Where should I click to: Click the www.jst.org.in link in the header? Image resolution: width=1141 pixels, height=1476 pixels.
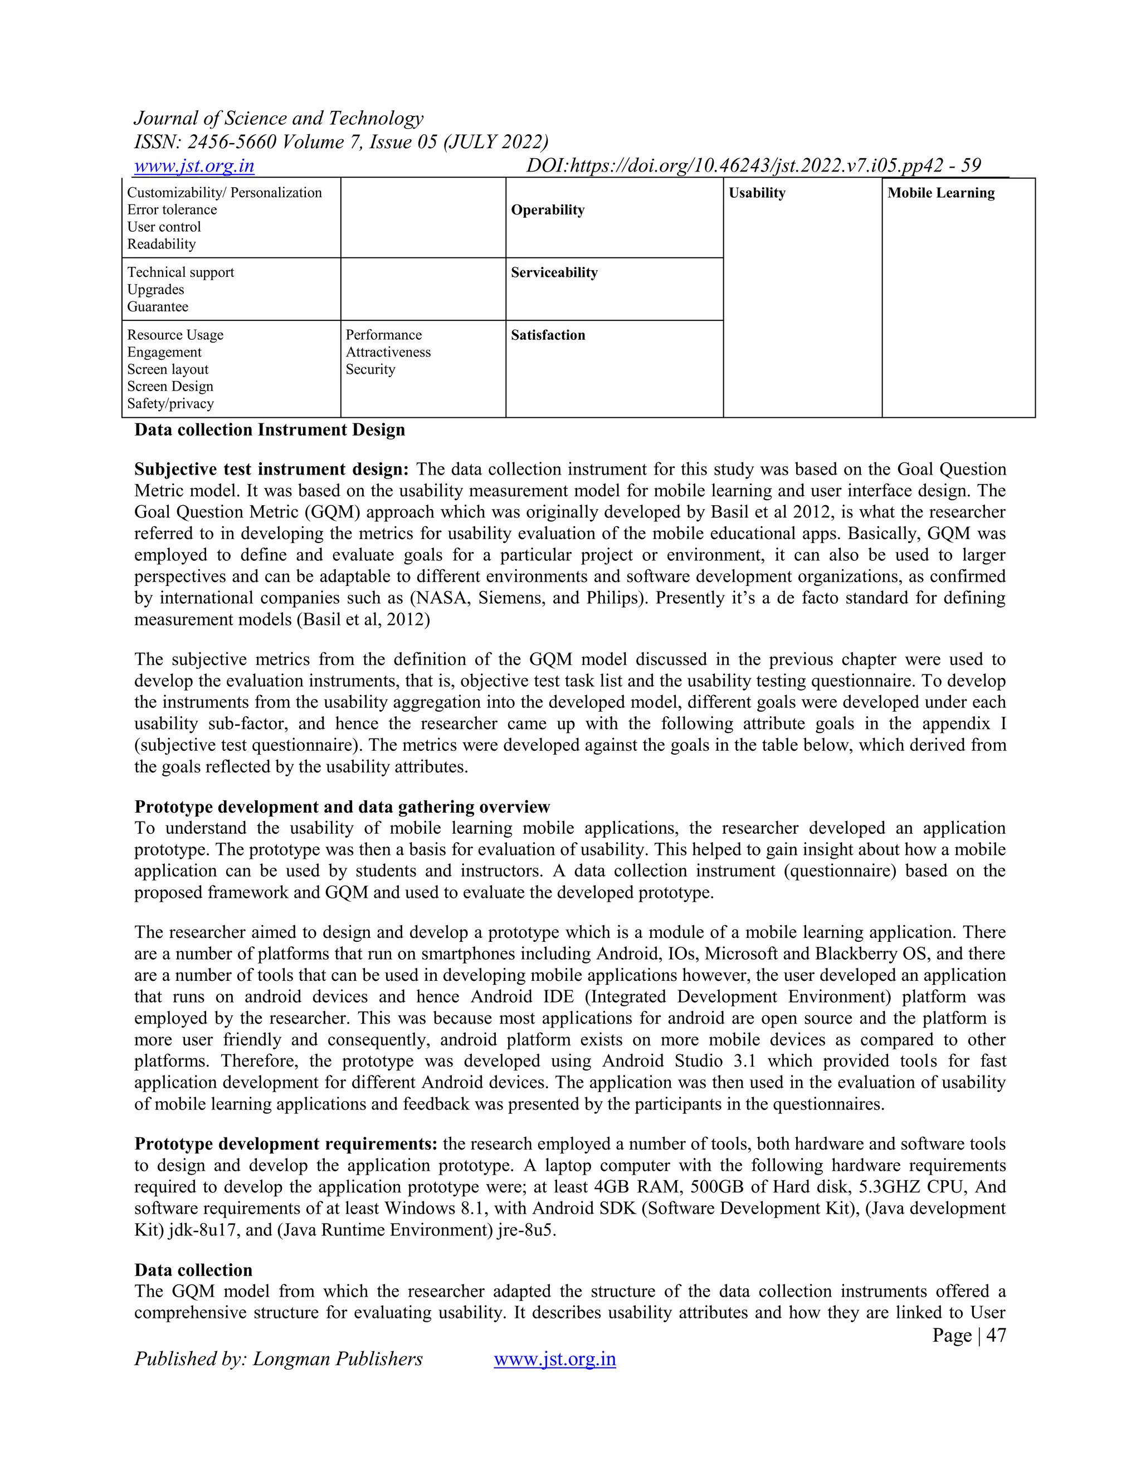click(x=194, y=165)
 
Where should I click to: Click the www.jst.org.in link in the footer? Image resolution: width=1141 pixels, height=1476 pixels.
click(x=554, y=1358)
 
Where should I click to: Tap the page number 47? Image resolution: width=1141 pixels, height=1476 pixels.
click(x=996, y=1335)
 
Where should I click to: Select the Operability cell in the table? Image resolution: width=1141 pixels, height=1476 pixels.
click(x=548, y=210)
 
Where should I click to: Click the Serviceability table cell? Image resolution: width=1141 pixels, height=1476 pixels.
click(x=554, y=273)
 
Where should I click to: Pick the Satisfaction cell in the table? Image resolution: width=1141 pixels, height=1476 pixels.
click(x=548, y=335)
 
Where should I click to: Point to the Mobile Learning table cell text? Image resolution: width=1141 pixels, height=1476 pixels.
click(x=941, y=193)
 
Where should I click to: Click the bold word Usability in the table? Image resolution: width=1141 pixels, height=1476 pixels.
click(x=757, y=193)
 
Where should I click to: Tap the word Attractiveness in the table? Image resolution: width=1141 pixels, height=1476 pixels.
click(x=388, y=352)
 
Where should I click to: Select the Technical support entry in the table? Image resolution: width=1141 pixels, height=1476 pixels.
click(x=181, y=272)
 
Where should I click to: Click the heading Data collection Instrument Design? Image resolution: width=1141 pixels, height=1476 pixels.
click(x=270, y=431)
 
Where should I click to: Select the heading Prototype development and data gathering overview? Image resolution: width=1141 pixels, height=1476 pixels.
click(x=342, y=807)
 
